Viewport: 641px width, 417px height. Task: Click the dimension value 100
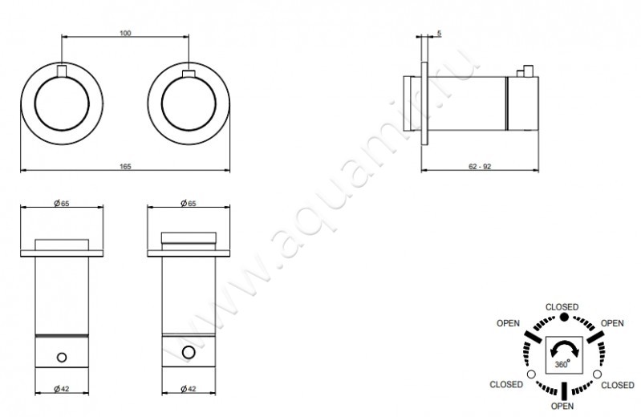125,33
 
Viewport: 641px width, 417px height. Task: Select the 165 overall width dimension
125,166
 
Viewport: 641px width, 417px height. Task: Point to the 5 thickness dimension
439,33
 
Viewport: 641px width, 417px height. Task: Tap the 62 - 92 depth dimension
480,166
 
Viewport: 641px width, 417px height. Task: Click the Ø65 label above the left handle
62,203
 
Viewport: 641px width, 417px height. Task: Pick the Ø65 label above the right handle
189,203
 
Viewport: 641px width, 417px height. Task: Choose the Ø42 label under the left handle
62,388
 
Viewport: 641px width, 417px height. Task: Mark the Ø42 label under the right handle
189,388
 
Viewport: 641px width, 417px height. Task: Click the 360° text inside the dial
562,364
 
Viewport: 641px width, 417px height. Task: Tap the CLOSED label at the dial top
562,307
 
